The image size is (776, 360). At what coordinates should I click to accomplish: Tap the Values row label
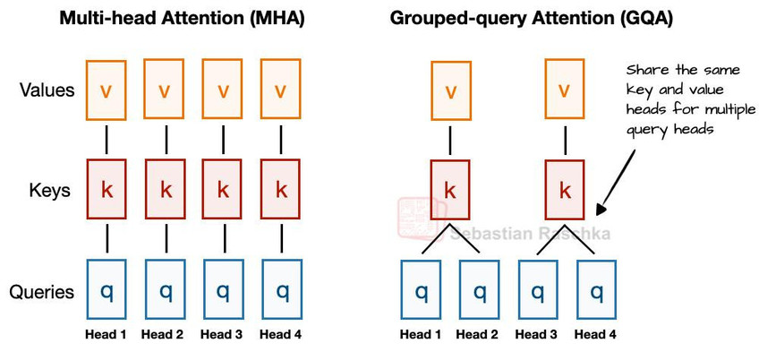(x=47, y=90)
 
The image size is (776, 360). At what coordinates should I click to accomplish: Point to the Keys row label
(x=49, y=191)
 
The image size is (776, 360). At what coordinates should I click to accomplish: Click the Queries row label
(x=42, y=292)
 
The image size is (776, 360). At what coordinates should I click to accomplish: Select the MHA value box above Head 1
(x=106, y=90)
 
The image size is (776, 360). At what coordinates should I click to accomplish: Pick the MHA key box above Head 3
(x=223, y=189)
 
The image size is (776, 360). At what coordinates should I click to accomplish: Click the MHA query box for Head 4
(x=282, y=289)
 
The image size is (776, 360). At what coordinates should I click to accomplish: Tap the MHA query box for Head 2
(x=166, y=289)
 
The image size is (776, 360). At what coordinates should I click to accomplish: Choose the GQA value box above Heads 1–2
(x=450, y=90)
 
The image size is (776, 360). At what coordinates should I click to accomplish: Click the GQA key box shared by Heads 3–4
(x=565, y=190)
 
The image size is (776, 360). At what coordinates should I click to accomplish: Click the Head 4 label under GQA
(x=595, y=335)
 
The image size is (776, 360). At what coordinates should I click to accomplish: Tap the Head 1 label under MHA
(x=106, y=335)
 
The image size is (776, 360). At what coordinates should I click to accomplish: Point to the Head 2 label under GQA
(x=477, y=335)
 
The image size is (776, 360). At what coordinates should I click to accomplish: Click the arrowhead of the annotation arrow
(x=601, y=209)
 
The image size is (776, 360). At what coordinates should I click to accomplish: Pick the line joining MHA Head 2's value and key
(x=166, y=140)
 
